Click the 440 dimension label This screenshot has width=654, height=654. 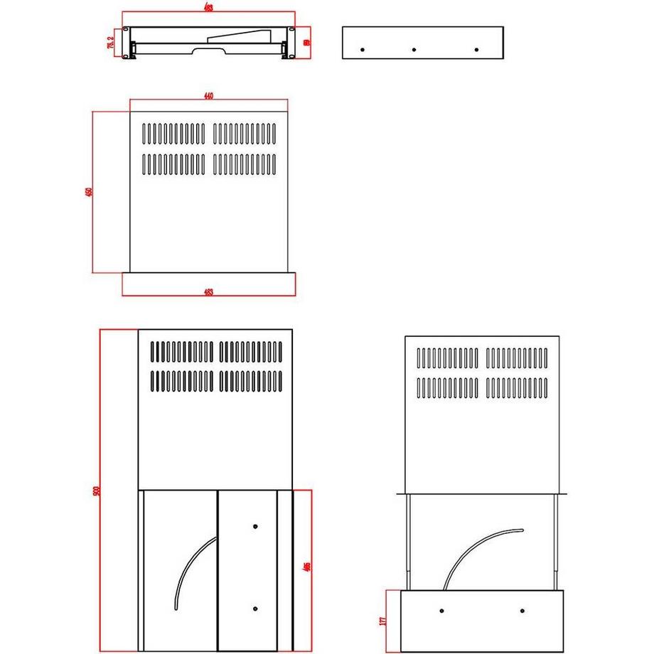point(209,97)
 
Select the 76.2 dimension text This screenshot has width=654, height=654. point(111,43)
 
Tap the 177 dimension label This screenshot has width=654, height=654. point(383,621)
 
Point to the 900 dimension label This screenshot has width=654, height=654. point(96,490)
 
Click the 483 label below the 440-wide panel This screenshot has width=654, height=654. point(209,291)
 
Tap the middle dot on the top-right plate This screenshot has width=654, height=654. point(414,50)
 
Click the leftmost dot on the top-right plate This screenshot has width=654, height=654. point(362,50)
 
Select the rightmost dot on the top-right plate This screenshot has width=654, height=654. point(476,50)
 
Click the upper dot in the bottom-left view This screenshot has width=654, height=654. point(255,527)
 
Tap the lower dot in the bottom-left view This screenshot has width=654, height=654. point(255,609)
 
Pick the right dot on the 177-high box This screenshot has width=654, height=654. point(522,612)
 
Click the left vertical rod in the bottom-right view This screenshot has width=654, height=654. point(409,540)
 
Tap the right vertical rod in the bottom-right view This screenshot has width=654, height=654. point(555,540)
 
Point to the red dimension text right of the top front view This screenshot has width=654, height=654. point(306,43)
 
